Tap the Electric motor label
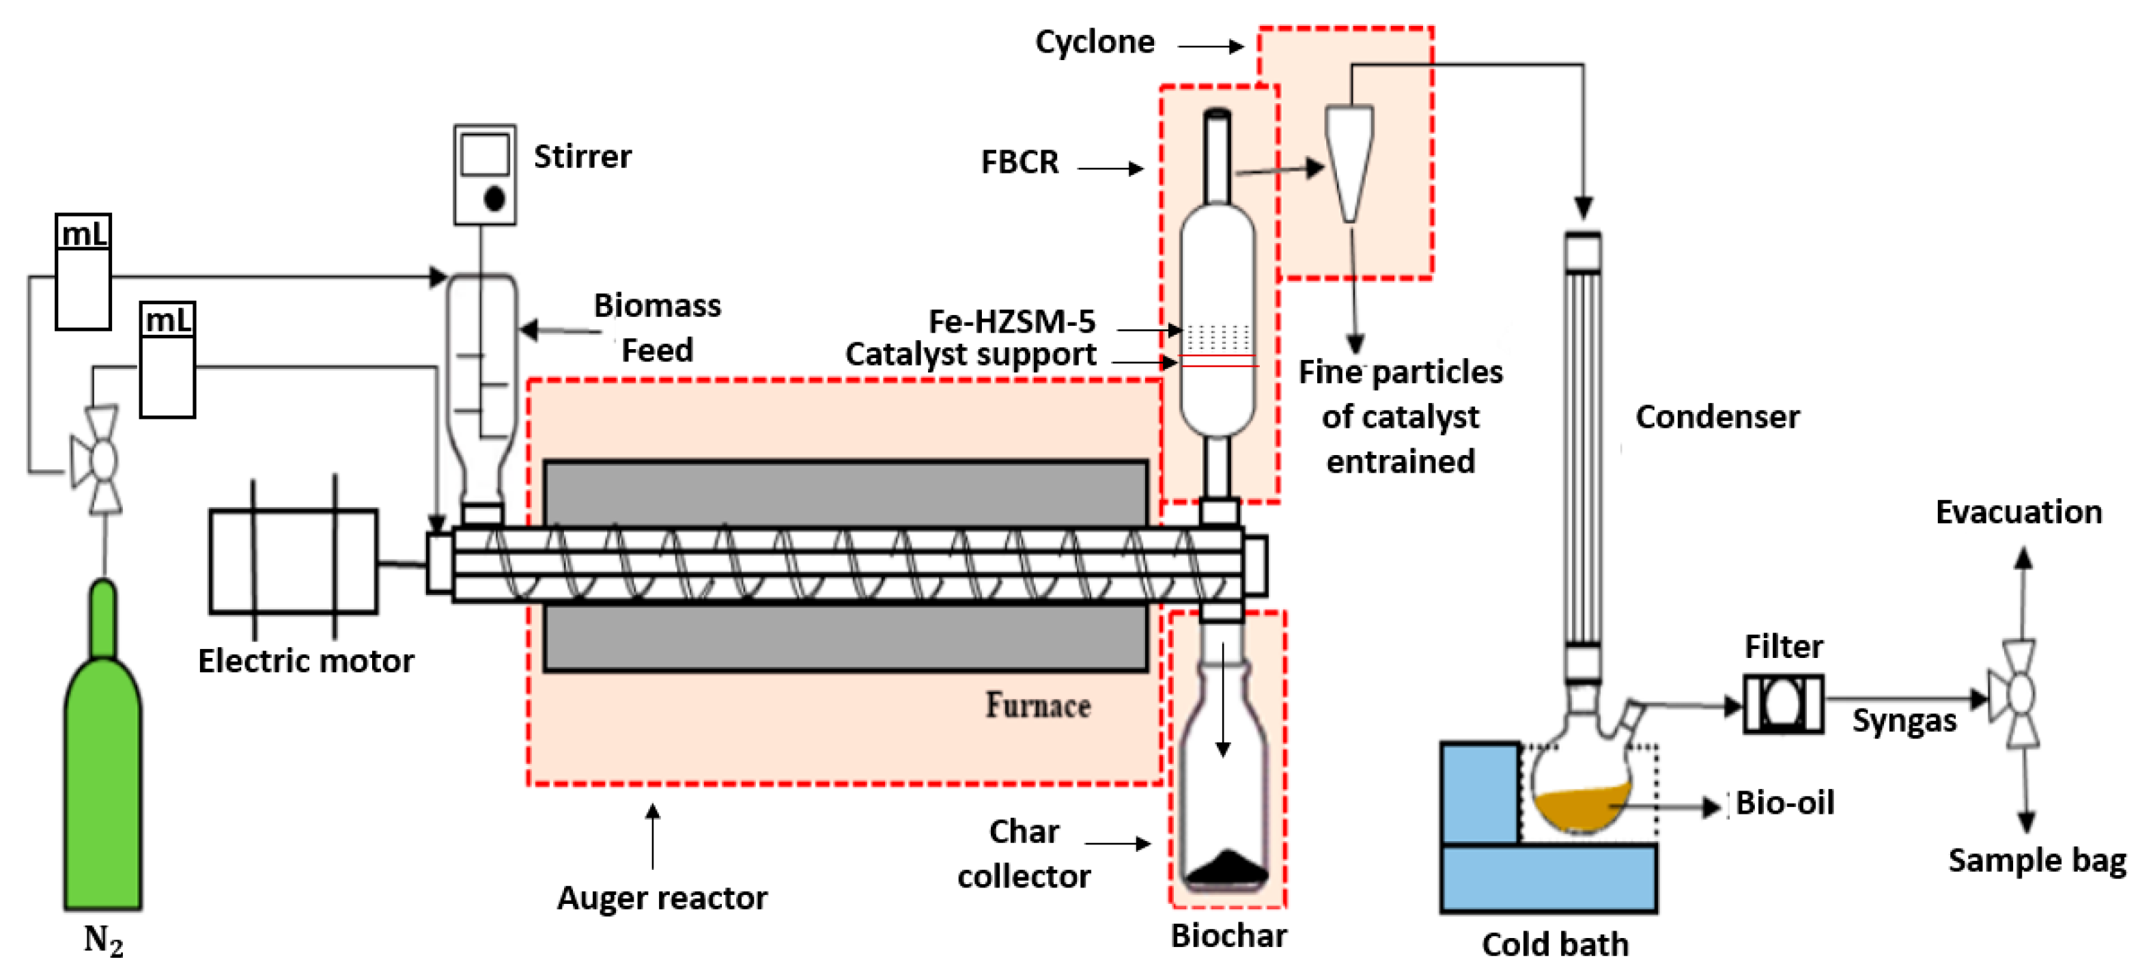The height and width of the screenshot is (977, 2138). point(305,661)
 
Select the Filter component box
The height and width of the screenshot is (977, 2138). point(1783,704)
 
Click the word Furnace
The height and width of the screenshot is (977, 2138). point(1037,706)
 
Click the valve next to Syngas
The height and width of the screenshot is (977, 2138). point(2018,695)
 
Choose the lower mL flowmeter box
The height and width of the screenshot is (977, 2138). point(168,359)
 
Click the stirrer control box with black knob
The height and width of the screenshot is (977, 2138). point(485,174)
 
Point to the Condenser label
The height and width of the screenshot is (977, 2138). point(1717,417)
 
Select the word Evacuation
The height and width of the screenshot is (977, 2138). point(2018,512)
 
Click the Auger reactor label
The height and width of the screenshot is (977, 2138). point(662,897)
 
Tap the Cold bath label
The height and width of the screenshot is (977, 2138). point(1555,944)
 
